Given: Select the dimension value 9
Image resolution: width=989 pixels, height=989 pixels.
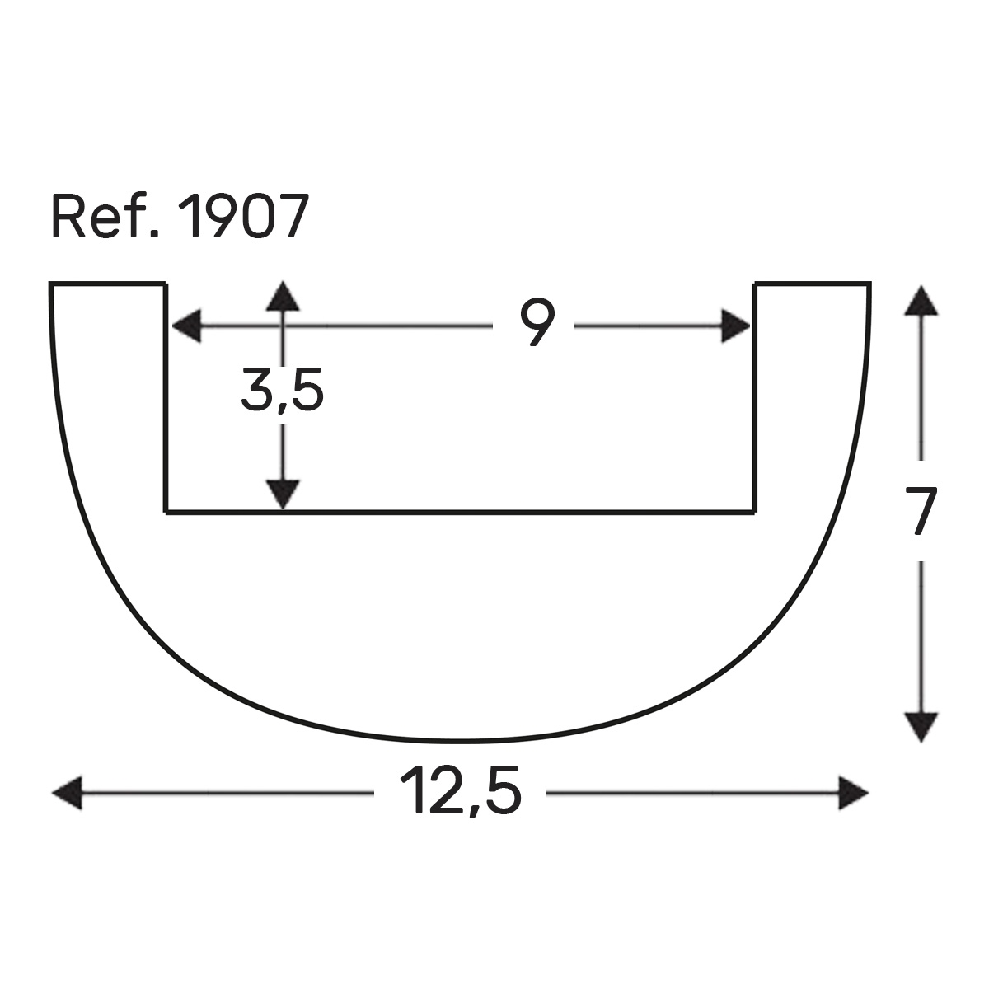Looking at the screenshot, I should [x=535, y=324].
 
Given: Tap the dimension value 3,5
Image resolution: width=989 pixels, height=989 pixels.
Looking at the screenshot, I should [x=282, y=391].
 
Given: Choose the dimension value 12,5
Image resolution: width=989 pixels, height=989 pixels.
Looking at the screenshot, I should [x=460, y=792].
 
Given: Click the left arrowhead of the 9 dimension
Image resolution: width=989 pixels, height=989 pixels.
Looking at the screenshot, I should [x=185, y=326].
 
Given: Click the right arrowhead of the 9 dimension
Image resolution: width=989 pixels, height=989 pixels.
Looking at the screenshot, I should [x=736, y=326].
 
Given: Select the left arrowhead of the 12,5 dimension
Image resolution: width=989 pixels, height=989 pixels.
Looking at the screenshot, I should [x=68, y=793].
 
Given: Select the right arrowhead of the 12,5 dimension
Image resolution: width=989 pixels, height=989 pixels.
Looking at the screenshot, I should [x=853, y=793].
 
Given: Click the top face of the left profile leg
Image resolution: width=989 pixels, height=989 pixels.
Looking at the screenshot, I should [x=108, y=284].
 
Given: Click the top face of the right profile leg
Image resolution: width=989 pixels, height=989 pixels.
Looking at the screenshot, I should [x=812, y=284].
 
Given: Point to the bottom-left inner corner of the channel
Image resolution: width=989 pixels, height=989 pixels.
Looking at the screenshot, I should [x=167, y=512].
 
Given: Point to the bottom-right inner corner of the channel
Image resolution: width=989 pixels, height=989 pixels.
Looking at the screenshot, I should [x=755, y=512].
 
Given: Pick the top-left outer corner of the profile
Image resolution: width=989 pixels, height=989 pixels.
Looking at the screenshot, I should [x=51, y=284].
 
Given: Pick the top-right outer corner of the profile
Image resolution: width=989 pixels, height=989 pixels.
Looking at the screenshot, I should [x=869, y=284].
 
